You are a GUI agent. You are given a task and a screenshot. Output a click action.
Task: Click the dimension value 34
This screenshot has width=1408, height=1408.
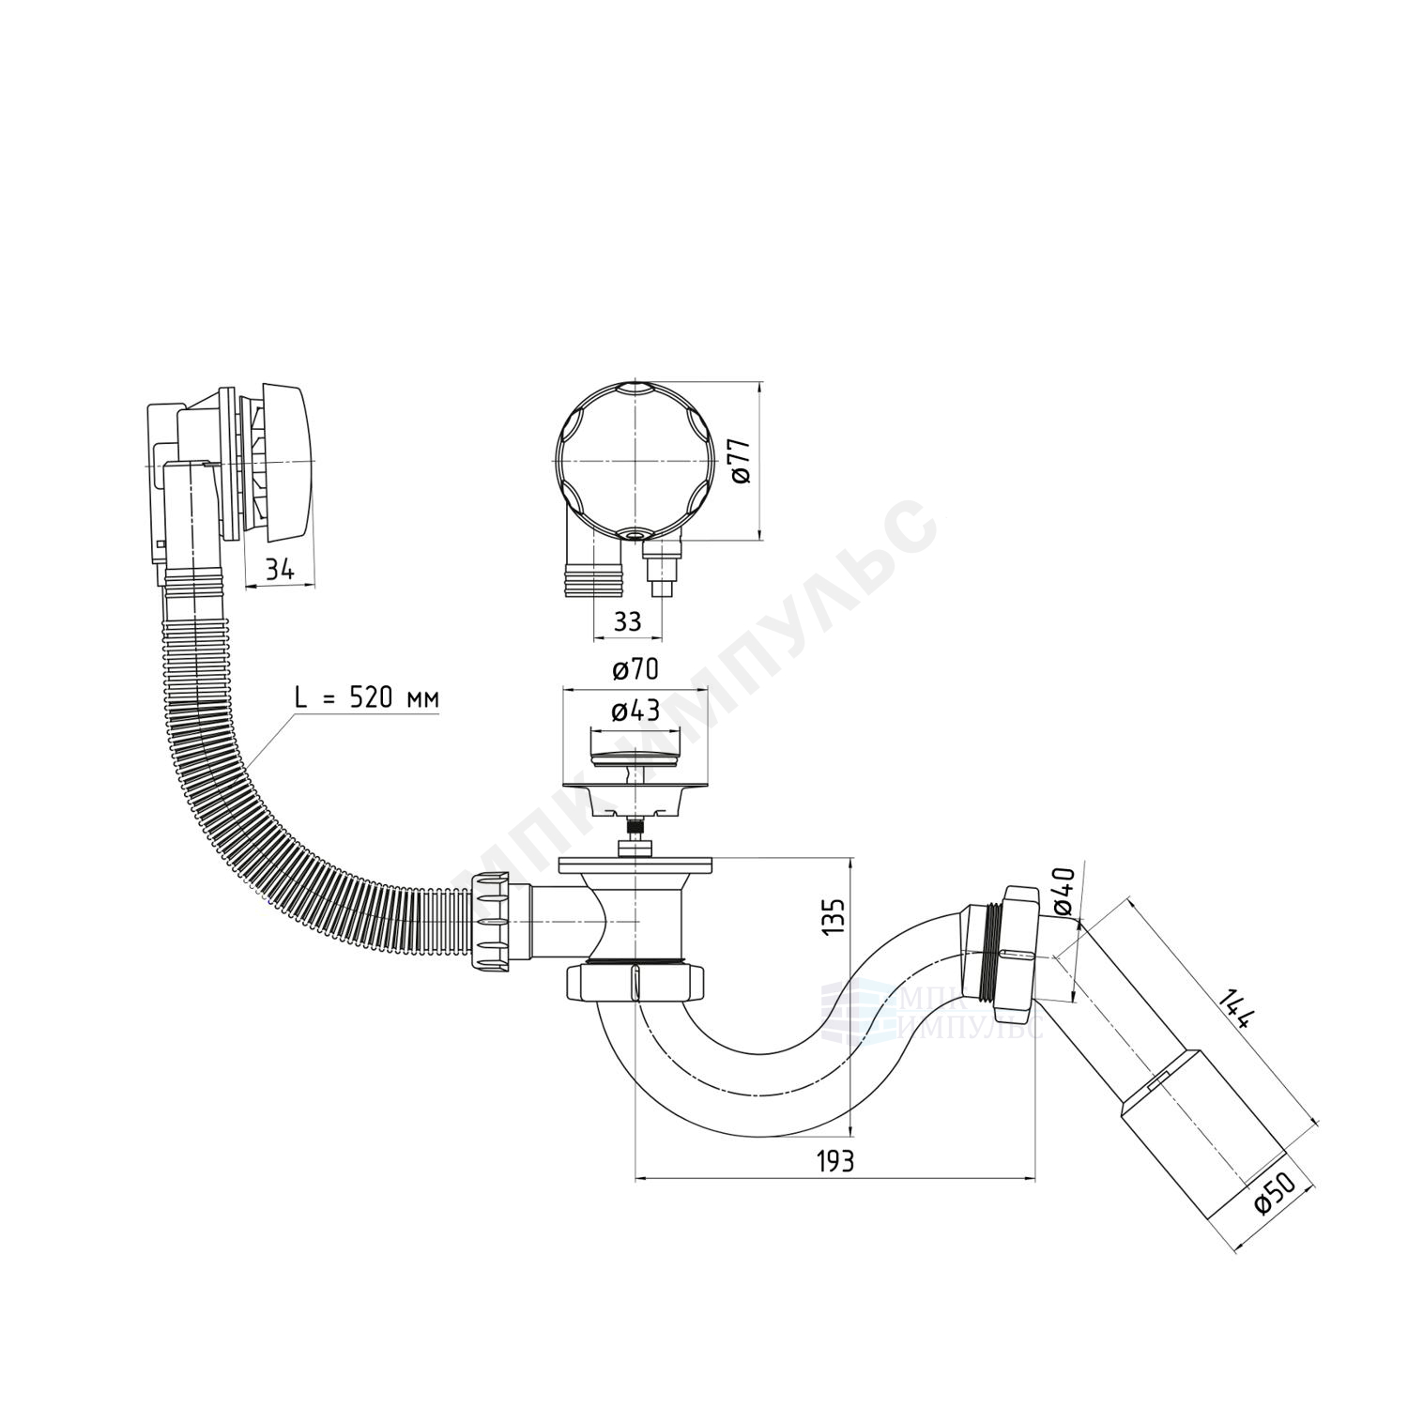click(x=280, y=569)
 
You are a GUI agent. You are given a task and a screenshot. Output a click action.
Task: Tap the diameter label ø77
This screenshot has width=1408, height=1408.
click(x=741, y=461)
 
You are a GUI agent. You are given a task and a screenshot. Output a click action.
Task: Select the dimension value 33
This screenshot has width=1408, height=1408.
click(x=628, y=620)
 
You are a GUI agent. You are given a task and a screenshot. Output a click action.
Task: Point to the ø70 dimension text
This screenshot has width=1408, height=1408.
click(x=635, y=669)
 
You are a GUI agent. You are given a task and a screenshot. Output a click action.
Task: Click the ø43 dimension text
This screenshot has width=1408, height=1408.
click(x=635, y=711)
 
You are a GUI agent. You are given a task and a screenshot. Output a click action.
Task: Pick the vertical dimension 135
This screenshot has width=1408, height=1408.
click(x=834, y=917)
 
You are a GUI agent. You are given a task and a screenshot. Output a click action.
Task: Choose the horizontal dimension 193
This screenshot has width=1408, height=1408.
click(x=834, y=1160)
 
